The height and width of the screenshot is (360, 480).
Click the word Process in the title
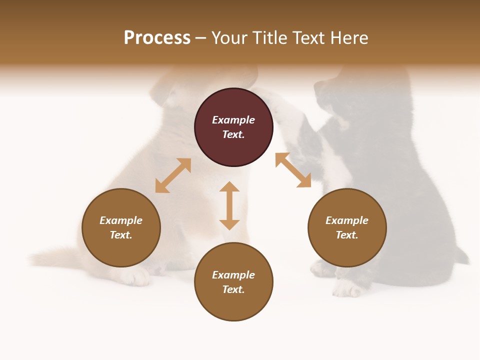157,38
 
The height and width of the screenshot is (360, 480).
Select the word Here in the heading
348,38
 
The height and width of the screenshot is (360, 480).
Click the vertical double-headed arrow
229,205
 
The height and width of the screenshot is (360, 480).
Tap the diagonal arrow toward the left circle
173,175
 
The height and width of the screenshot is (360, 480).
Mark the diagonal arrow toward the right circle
293,170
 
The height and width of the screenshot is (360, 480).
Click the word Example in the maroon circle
233,120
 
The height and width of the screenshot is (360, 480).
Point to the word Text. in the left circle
121,235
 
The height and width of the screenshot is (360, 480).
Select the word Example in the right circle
347,220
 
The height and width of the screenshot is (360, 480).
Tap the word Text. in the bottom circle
233,289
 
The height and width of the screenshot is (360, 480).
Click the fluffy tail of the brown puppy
50,257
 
